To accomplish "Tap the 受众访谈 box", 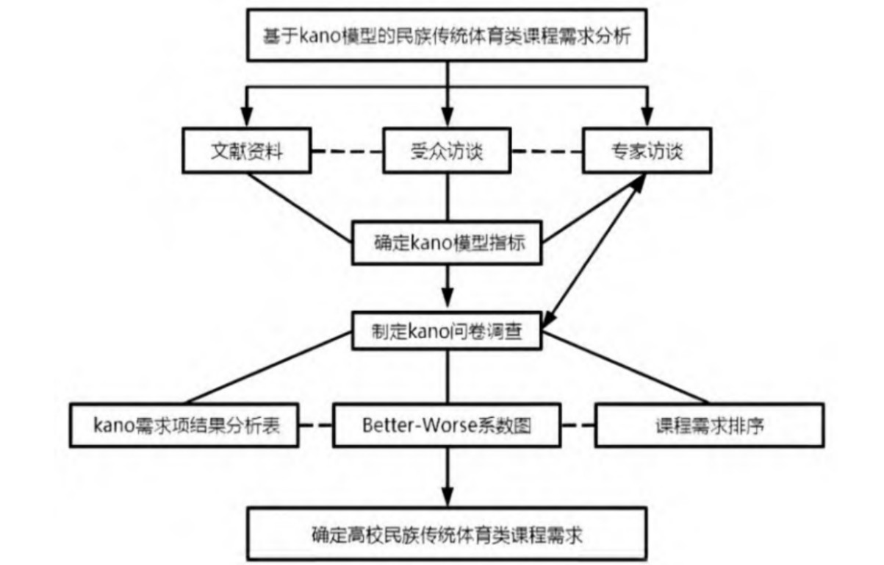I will click(448, 152).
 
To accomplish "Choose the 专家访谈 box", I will click(646, 152).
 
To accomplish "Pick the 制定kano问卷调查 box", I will click(448, 330).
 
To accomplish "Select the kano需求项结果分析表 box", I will click(184, 426).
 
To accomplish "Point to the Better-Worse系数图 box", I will click(446, 426).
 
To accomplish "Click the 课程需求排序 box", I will click(708, 426).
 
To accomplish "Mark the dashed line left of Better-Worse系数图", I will click(315, 426).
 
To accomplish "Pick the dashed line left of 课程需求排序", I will click(578, 426).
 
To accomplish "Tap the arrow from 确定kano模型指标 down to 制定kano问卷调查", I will click(448, 287).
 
